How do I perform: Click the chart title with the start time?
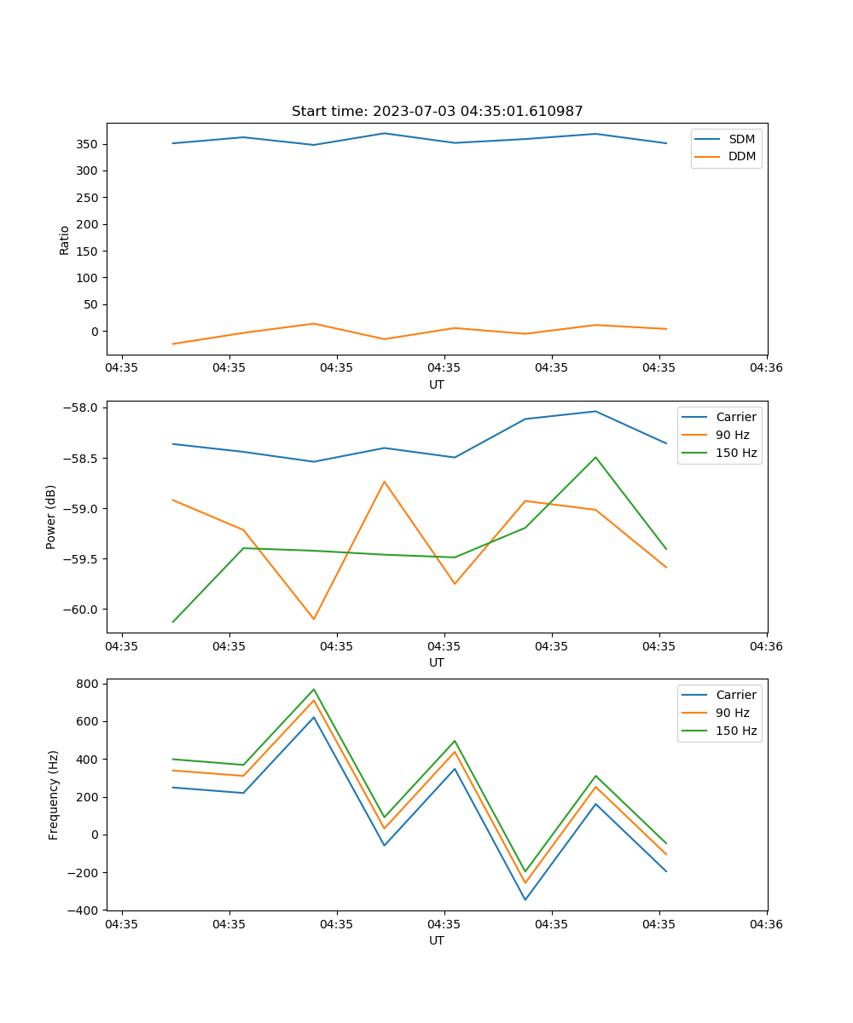pos(437,112)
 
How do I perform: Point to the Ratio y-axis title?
pos(65,240)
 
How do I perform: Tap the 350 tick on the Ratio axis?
pos(89,144)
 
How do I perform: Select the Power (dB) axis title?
pos(51,517)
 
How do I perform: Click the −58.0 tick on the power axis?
pos(83,407)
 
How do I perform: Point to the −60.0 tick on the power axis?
pos(83,610)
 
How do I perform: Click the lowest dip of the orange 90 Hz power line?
pos(314,619)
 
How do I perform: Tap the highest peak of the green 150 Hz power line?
pos(595,457)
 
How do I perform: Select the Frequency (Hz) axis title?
pos(54,795)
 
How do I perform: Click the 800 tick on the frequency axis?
pos(89,684)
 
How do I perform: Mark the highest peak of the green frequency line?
pos(314,689)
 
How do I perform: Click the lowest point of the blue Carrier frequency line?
pos(525,899)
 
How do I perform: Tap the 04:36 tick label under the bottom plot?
pos(766,923)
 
